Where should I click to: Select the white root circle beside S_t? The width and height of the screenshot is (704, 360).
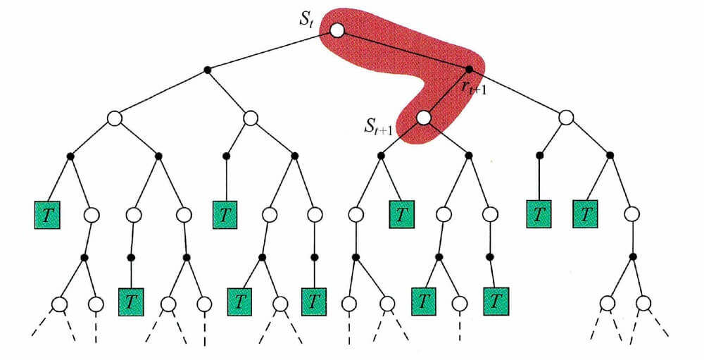(x=337, y=30)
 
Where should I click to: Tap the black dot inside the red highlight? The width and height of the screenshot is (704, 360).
(x=469, y=68)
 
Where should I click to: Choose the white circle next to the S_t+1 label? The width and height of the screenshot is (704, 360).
(x=422, y=118)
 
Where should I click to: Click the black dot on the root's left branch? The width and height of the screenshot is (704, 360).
(x=207, y=69)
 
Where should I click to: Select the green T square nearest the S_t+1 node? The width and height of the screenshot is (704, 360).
(x=401, y=213)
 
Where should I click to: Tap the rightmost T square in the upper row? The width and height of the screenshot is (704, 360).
(x=585, y=213)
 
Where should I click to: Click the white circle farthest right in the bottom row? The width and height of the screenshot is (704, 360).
(x=643, y=304)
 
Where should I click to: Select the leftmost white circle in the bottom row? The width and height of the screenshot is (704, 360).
(x=59, y=304)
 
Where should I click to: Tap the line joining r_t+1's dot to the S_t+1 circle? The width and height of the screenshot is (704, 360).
(x=446, y=93)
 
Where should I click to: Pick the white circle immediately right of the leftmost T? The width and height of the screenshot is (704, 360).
(x=92, y=213)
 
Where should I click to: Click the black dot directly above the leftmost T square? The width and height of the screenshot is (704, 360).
(x=70, y=155)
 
